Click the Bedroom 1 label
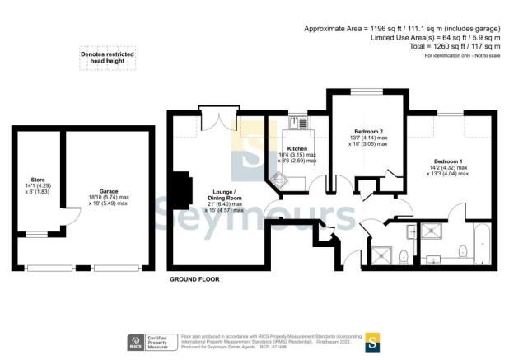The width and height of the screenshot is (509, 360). click(x=450, y=163)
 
